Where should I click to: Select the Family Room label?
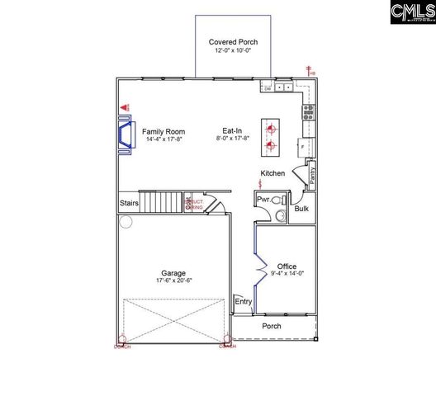pos(163,131)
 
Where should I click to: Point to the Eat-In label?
pos(232,131)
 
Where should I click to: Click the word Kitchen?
pos(272,173)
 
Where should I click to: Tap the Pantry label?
pos(312,175)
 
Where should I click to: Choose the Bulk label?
pos(301,208)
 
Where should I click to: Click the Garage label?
pos(173,273)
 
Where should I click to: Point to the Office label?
pos(287,266)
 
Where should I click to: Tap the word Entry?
pos(243,302)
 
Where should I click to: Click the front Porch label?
pos(272,326)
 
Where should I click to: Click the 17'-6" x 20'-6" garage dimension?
pos(173,281)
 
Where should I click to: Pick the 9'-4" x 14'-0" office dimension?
pos(287,275)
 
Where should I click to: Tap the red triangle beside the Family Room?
pos(126,107)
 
